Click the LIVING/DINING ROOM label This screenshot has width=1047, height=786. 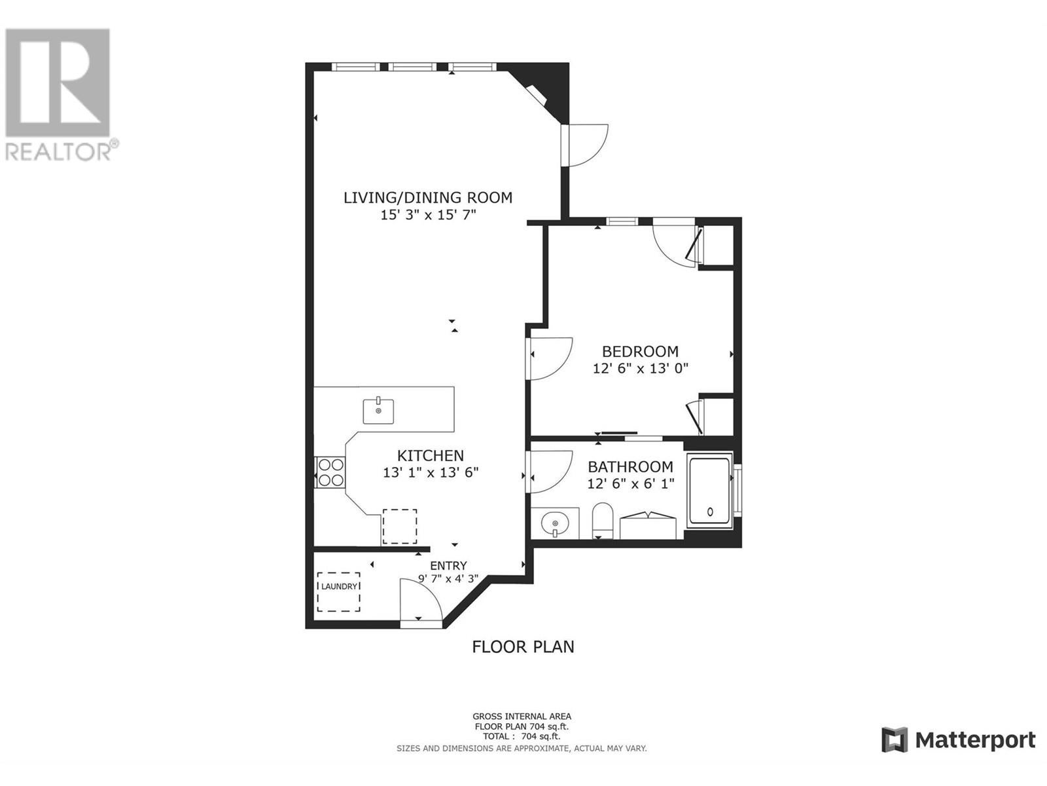point(428,197)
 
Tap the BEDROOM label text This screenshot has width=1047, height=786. point(640,351)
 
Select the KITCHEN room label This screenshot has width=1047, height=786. point(431,455)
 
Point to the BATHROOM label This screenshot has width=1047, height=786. point(630,466)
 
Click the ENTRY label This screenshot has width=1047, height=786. point(448,565)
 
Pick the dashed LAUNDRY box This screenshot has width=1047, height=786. point(339,591)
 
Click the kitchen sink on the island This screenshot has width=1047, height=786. point(379,411)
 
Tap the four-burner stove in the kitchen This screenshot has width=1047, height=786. point(330,472)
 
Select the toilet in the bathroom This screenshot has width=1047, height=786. point(603,520)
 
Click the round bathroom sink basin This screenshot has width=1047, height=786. point(555,525)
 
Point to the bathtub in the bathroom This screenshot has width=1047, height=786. point(709,491)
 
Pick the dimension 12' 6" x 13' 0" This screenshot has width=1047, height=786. point(640,369)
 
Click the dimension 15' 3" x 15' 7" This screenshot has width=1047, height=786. point(429,215)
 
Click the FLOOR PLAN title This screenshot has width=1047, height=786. point(523,646)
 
